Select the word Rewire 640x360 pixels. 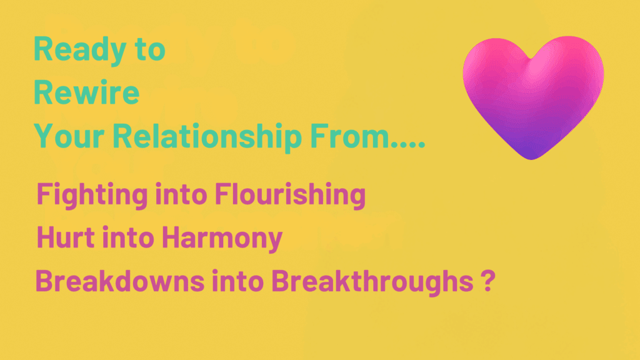(86, 93)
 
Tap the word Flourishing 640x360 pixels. (289, 195)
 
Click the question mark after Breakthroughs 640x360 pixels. (481, 281)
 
